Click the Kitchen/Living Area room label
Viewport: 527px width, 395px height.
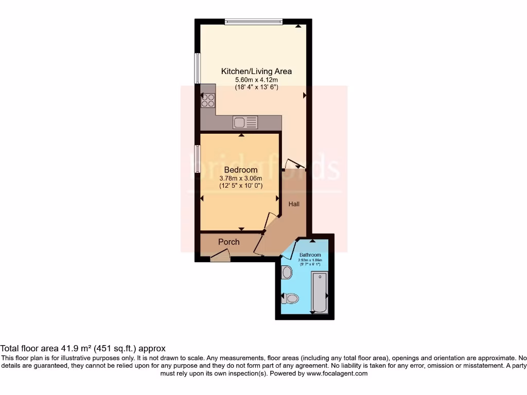coord(256,71)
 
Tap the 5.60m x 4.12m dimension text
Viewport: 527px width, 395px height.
coord(256,80)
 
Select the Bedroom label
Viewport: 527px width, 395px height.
coord(241,170)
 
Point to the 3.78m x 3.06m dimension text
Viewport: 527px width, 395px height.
coord(241,178)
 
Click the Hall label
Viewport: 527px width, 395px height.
coord(294,204)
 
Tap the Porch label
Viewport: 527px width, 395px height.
coord(229,242)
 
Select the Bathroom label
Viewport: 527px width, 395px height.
coord(310,255)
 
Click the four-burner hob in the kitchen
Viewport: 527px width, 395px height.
coord(208,100)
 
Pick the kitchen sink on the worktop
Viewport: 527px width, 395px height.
coord(245,122)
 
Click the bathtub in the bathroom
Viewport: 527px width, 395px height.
coord(320,293)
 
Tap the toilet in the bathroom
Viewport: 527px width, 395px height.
coord(291,298)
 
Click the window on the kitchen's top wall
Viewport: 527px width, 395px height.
coord(254,22)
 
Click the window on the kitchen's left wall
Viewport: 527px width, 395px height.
coord(197,68)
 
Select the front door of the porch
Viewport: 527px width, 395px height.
coord(220,256)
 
